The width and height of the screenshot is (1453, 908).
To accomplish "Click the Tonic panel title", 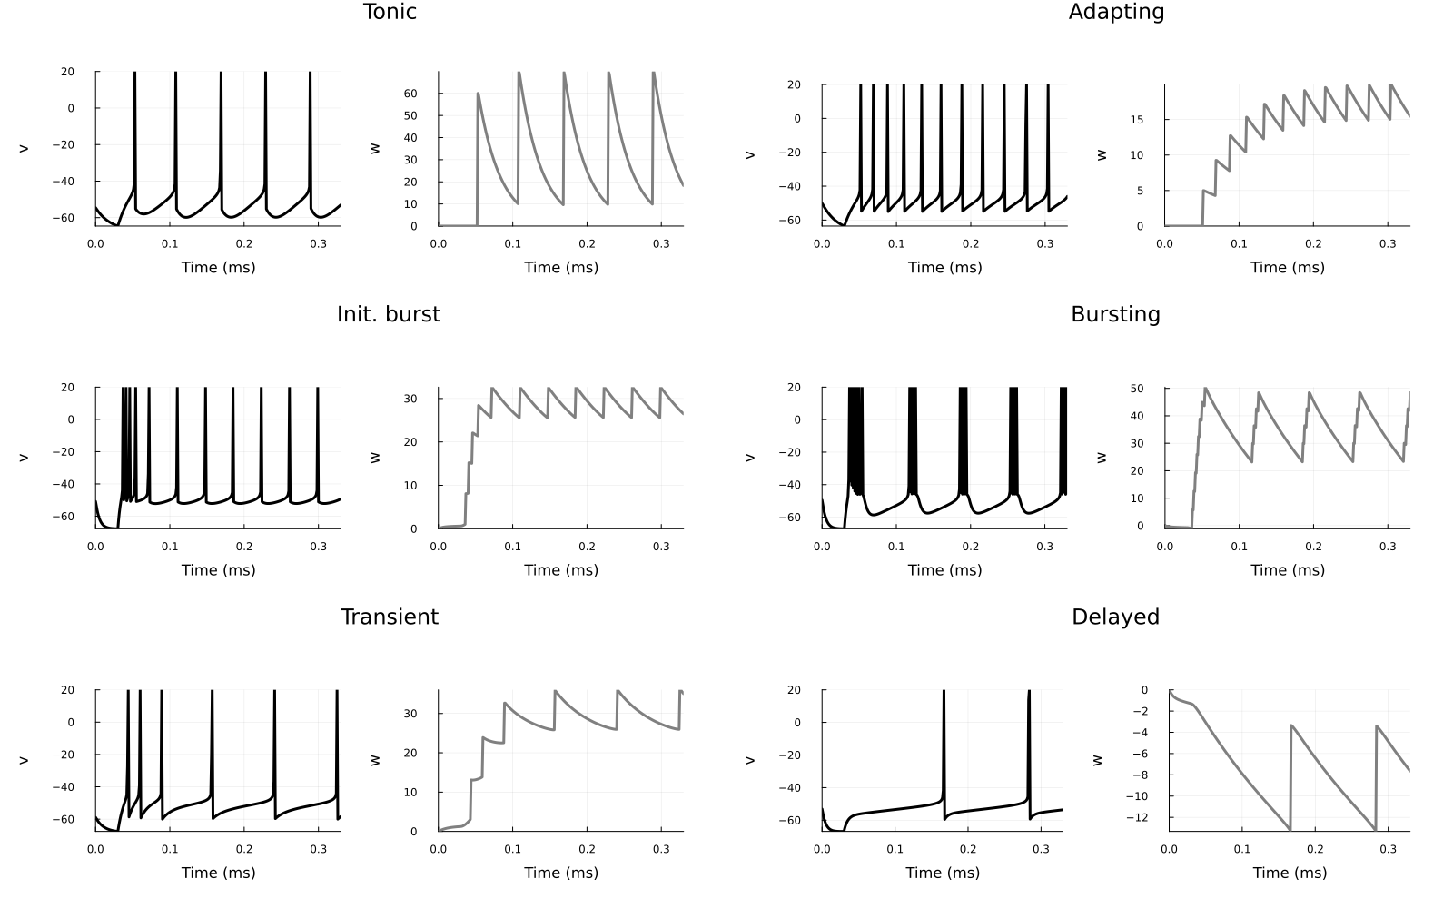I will click(390, 12).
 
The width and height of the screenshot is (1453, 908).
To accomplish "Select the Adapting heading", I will click(1116, 12).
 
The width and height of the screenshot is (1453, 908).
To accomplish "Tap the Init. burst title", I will click(388, 314).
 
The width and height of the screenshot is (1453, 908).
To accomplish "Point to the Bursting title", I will click(1115, 314).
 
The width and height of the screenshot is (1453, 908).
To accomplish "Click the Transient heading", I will click(389, 617).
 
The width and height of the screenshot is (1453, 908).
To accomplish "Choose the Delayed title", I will click(1115, 617).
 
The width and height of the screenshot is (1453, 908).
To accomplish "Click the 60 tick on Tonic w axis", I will click(410, 94).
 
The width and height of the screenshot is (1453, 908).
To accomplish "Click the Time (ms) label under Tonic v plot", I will click(218, 267).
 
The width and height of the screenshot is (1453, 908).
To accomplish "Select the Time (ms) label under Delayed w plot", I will click(1290, 873).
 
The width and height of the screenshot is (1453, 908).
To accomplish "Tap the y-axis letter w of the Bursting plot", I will click(1102, 458).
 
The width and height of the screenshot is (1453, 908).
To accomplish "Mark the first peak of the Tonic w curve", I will click(478, 94).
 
